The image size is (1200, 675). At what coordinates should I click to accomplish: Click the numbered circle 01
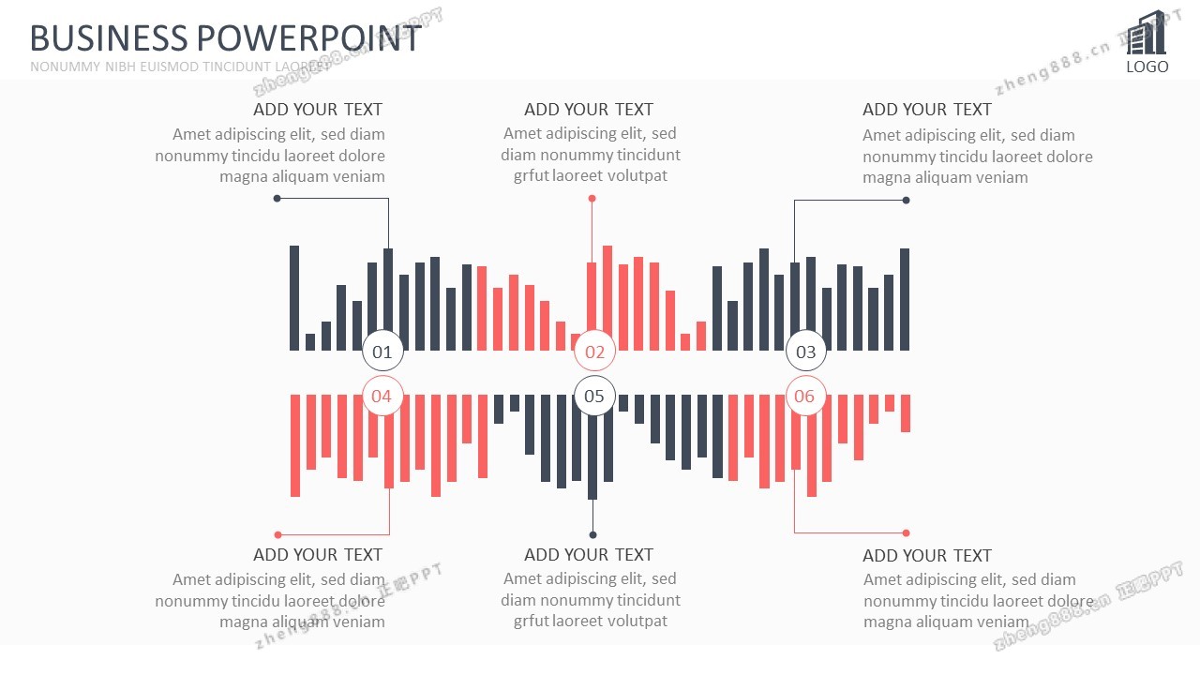(382, 352)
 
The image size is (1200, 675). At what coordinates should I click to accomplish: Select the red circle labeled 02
(594, 352)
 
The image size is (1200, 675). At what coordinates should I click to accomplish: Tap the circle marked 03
(806, 352)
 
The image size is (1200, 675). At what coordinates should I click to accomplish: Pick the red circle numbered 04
(382, 396)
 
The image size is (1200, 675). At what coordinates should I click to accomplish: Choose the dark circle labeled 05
(594, 396)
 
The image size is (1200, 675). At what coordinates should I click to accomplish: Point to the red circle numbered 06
(805, 396)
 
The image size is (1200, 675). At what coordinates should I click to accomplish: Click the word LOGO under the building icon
(1147, 67)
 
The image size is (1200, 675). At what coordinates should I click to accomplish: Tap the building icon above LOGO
(1147, 34)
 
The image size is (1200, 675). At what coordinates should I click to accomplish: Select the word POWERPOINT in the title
(307, 38)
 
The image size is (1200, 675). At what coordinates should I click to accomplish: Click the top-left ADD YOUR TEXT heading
(318, 110)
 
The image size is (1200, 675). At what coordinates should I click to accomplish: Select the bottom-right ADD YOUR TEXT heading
(926, 555)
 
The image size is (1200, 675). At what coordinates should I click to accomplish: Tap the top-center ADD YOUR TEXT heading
(589, 110)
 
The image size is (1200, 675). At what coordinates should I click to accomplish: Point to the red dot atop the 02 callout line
(592, 199)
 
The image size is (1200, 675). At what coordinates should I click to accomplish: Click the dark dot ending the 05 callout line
(592, 535)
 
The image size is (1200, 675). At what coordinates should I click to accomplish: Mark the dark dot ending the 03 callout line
(906, 200)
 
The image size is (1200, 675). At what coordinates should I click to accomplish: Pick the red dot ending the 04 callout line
(277, 534)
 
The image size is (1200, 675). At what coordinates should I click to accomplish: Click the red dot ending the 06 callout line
(906, 532)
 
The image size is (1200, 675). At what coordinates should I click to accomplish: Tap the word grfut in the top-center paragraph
(531, 175)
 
